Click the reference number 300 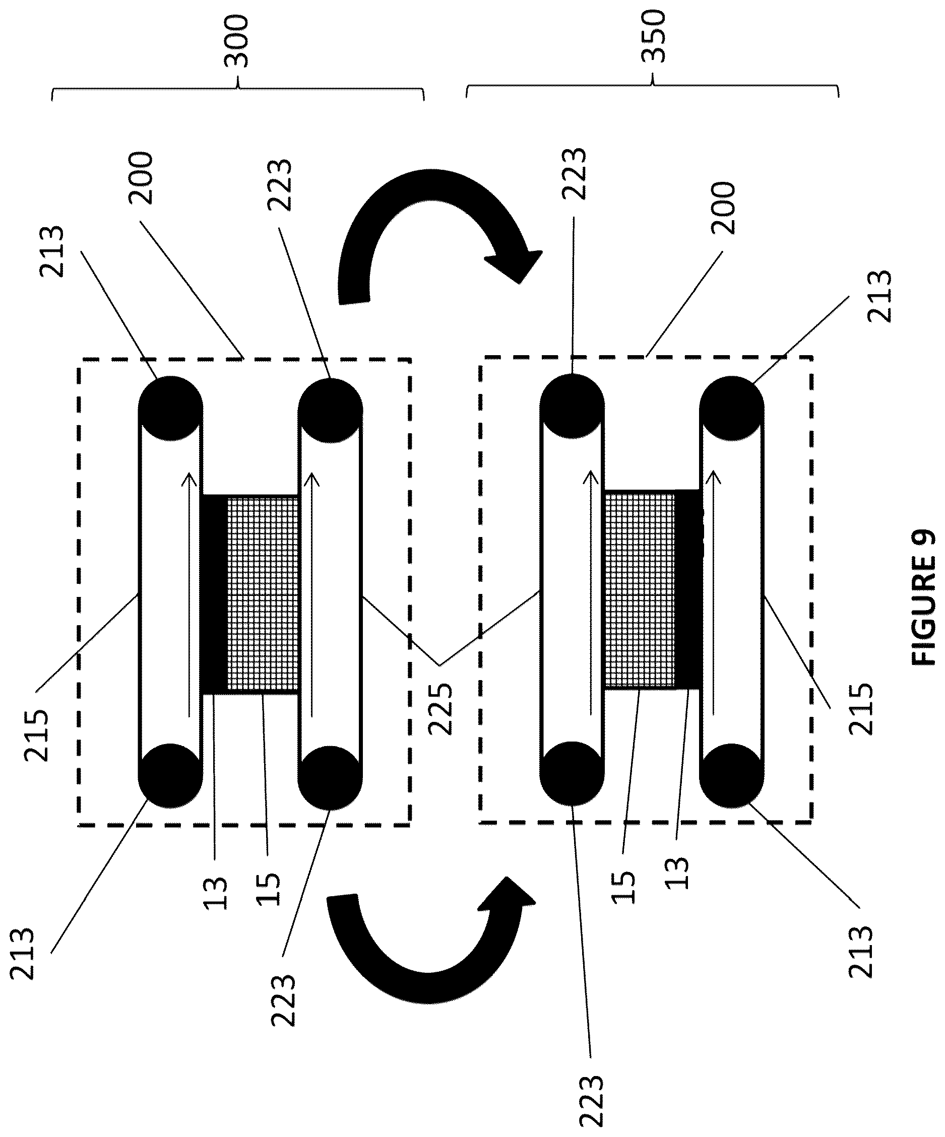pyautogui.click(x=236, y=42)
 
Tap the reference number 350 pyautogui.click(x=653, y=36)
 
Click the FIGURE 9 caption pyautogui.click(x=924, y=597)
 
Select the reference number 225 pyautogui.click(x=439, y=709)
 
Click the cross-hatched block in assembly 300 pyautogui.click(x=263, y=594)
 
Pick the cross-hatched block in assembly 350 pyautogui.click(x=640, y=589)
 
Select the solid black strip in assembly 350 pyautogui.click(x=688, y=589)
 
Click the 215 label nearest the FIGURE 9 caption pyautogui.click(x=861, y=709)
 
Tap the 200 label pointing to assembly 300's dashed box pyautogui.click(x=141, y=178)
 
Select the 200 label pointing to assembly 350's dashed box pyautogui.click(x=724, y=209)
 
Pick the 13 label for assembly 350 pyautogui.click(x=677, y=873)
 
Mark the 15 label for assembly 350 pyautogui.click(x=624, y=887)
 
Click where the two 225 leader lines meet pyautogui.click(x=439, y=664)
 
